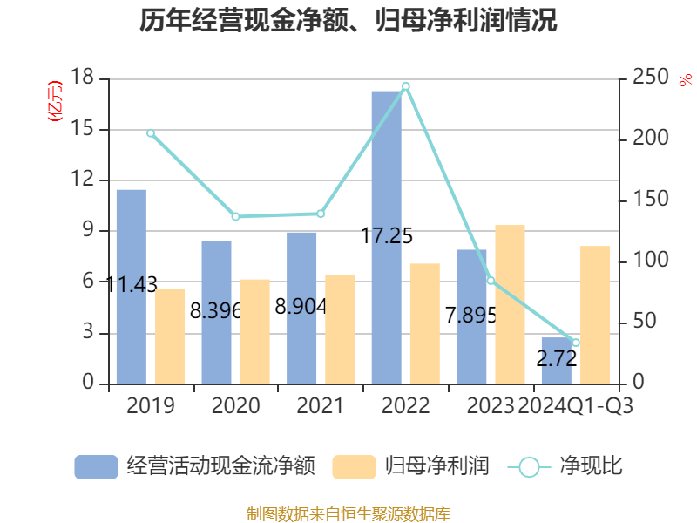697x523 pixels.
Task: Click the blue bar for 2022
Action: point(386,237)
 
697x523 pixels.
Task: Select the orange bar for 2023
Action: point(510,304)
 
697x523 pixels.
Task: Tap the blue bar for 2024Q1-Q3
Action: point(557,361)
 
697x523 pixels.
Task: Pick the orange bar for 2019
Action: point(170,336)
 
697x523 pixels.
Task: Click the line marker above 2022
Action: point(405,86)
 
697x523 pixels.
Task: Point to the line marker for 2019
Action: point(151,133)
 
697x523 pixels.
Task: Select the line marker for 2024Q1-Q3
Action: point(576,343)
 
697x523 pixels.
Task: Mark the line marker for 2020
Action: point(235,216)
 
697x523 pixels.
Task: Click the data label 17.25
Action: point(387,235)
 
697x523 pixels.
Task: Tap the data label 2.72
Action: point(557,358)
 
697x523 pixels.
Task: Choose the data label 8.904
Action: point(301,307)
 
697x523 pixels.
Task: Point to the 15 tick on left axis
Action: point(82,129)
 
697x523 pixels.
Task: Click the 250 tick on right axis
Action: point(650,77)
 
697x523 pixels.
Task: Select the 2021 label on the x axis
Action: point(320,405)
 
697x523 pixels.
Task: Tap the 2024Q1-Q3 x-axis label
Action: point(576,405)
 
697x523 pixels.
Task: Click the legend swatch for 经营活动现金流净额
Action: point(96,467)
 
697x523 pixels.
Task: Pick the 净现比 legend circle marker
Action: point(529,467)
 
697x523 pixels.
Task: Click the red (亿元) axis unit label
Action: point(55,101)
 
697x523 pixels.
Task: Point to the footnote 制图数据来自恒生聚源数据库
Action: point(348,514)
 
